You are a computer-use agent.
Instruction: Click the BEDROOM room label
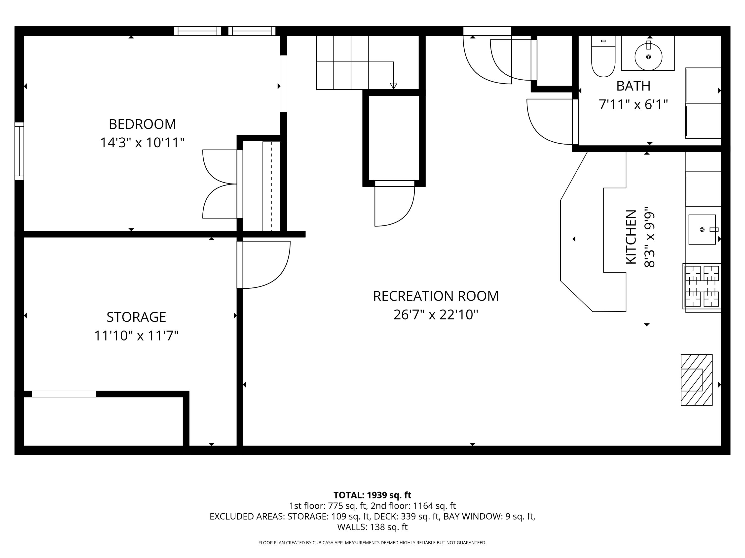tap(142, 124)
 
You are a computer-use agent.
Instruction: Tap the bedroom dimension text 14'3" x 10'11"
tap(142, 143)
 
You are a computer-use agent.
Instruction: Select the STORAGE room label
tap(136, 317)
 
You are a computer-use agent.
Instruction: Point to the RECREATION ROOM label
tap(436, 296)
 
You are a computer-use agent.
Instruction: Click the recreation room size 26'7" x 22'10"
tap(436, 315)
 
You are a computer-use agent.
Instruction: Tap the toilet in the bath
tap(603, 57)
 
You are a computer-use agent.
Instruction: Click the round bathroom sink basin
tap(648, 57)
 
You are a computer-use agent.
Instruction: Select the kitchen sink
tap(702, 229)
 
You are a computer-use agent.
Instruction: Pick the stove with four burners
tap(702, 286)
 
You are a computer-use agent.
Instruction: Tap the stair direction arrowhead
tap(393, 86)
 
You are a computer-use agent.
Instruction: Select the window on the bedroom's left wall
tap(19, 151)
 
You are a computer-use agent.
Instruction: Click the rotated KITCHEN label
tap(631, 237)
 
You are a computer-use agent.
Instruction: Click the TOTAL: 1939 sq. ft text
tap(372, 495)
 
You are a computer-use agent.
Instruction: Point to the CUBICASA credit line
tap(372, 543)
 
